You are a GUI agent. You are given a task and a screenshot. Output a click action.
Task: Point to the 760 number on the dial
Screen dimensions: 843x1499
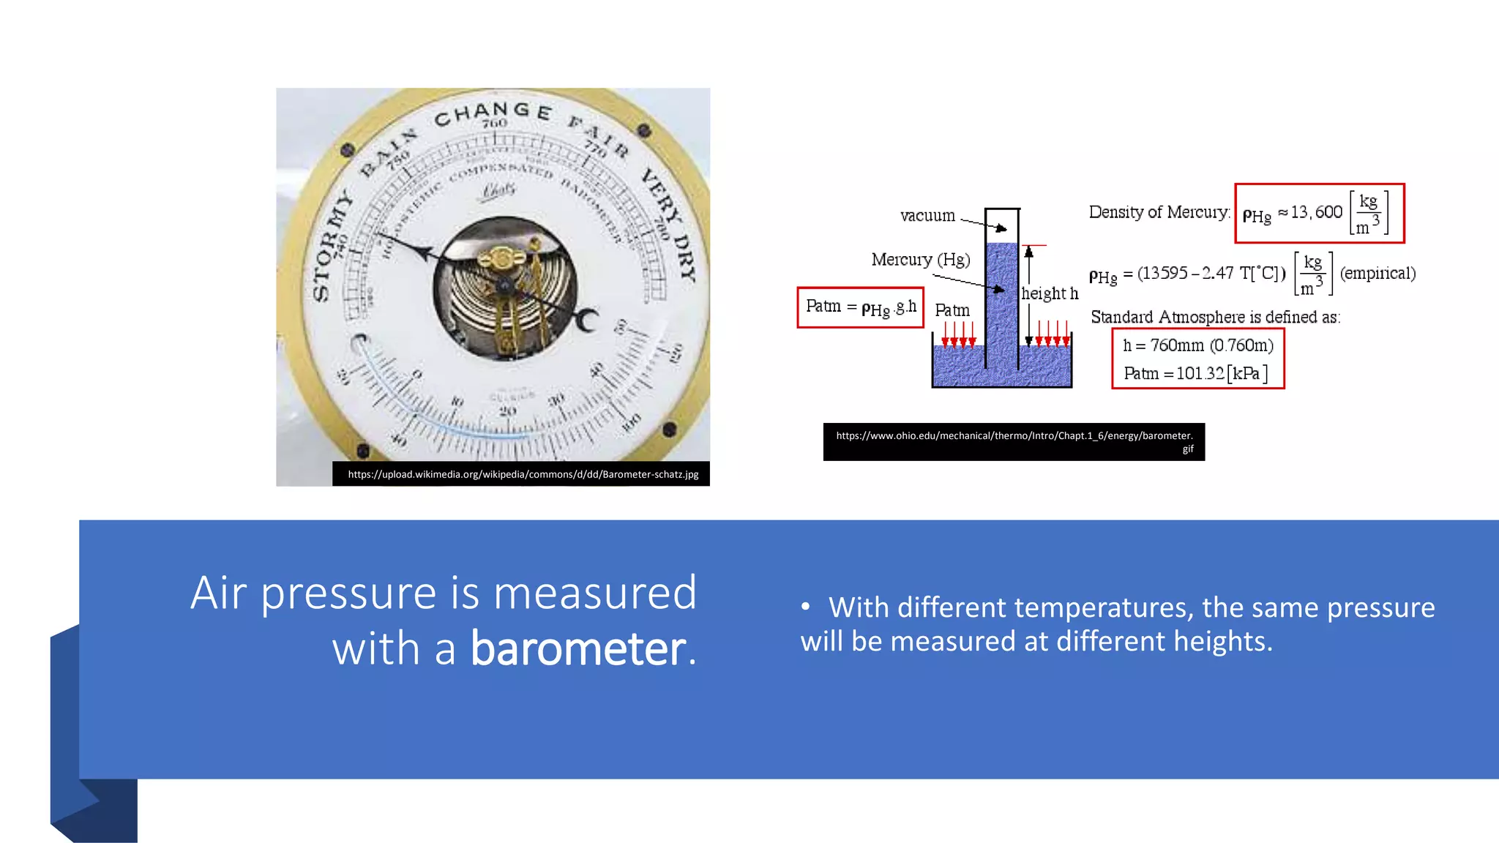tap(495, 124)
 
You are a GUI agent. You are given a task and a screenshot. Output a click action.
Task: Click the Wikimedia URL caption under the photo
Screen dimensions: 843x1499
tap(523, 474)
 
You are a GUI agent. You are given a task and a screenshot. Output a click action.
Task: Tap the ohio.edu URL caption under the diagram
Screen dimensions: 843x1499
tap(1014, 436)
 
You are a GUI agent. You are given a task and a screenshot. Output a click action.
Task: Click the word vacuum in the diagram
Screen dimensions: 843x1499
tap(927, 215)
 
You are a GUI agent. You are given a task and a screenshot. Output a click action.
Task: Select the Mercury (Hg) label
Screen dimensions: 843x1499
tap(920, 260)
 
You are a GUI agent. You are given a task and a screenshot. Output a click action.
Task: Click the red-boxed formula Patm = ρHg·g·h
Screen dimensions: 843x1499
tap(860, 307)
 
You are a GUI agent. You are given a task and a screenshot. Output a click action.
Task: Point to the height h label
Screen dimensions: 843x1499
tap(1050, 293)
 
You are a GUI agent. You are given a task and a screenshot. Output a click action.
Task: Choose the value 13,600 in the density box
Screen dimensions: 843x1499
tap(1316, 212)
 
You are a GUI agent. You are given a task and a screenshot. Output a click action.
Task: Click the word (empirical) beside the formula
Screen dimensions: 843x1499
tap(1377, 273)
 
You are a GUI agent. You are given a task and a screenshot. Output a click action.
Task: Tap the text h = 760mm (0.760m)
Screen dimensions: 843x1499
tap(1197, 345)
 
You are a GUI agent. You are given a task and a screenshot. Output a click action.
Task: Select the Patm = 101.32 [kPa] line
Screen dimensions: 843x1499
tap(1195, 373)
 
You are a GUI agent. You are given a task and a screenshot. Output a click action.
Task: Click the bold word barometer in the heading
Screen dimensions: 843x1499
tap(578, 648)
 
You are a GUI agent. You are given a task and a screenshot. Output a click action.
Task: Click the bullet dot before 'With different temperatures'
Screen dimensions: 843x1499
tap(805, 607)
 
